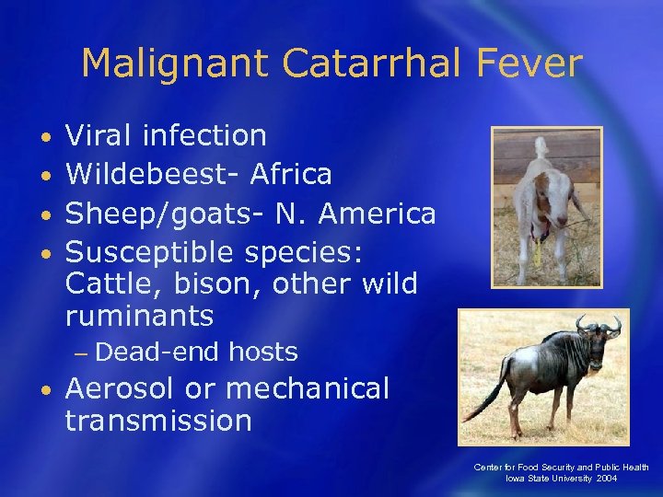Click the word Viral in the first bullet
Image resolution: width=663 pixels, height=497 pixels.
pos(100,136)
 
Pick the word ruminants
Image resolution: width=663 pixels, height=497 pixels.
pos(139,317)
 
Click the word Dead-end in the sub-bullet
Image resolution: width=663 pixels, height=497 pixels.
pos(158,352)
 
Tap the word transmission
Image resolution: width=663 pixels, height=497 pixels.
pos(157,421)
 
